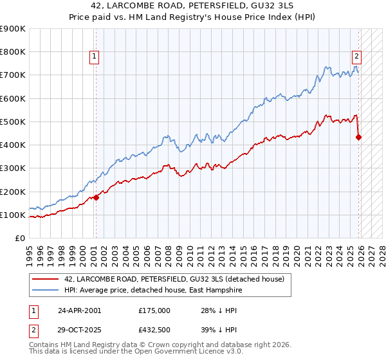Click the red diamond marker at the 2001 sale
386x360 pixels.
point(96,197)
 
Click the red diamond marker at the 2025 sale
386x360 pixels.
point(359,137)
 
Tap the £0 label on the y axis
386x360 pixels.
point(19,239)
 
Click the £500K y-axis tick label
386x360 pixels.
point(13,122)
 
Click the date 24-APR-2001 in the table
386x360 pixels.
point(79,310)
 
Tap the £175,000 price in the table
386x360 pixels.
point(154,310)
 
